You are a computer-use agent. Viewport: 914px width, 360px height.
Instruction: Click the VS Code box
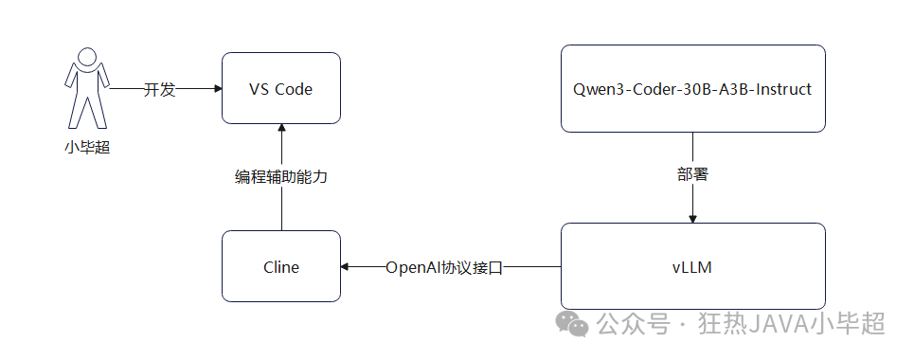coord(280,88)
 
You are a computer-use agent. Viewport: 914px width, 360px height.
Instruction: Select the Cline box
coord(280,266)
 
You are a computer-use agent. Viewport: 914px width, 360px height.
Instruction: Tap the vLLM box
coord(691,266)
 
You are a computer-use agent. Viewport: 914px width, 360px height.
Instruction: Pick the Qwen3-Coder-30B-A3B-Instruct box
coord(691,88)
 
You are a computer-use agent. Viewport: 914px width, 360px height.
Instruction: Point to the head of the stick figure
coord(86,58)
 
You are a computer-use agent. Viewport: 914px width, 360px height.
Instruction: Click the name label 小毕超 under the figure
coord(86,148)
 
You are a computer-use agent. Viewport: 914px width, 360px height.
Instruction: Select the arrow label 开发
coord(159,89)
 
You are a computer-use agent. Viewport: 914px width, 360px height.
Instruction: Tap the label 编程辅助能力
coord(281,177)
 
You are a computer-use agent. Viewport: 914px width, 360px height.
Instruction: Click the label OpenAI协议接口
coord(443,267)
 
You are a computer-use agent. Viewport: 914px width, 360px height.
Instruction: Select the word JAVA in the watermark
coord(773,324)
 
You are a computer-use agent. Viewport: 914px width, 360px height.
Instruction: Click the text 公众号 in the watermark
coord(628,324)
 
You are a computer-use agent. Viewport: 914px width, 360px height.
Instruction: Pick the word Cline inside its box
coord(280,267)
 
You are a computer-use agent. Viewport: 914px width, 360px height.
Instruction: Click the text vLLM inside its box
coord(691,267)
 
